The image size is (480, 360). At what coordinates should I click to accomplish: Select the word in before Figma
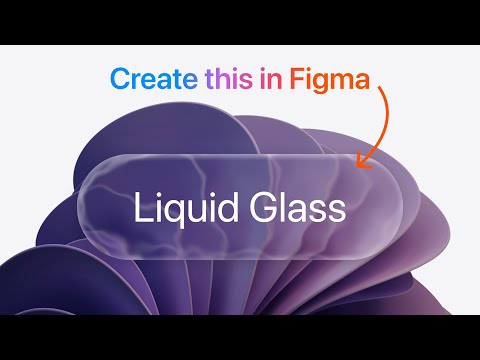(272, 78)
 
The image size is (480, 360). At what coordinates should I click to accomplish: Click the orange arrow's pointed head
(361, 160)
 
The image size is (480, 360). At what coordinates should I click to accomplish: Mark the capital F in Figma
(297, 78)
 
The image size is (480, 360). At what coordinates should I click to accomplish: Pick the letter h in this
(223, 77)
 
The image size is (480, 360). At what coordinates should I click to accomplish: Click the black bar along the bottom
(240, 337)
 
